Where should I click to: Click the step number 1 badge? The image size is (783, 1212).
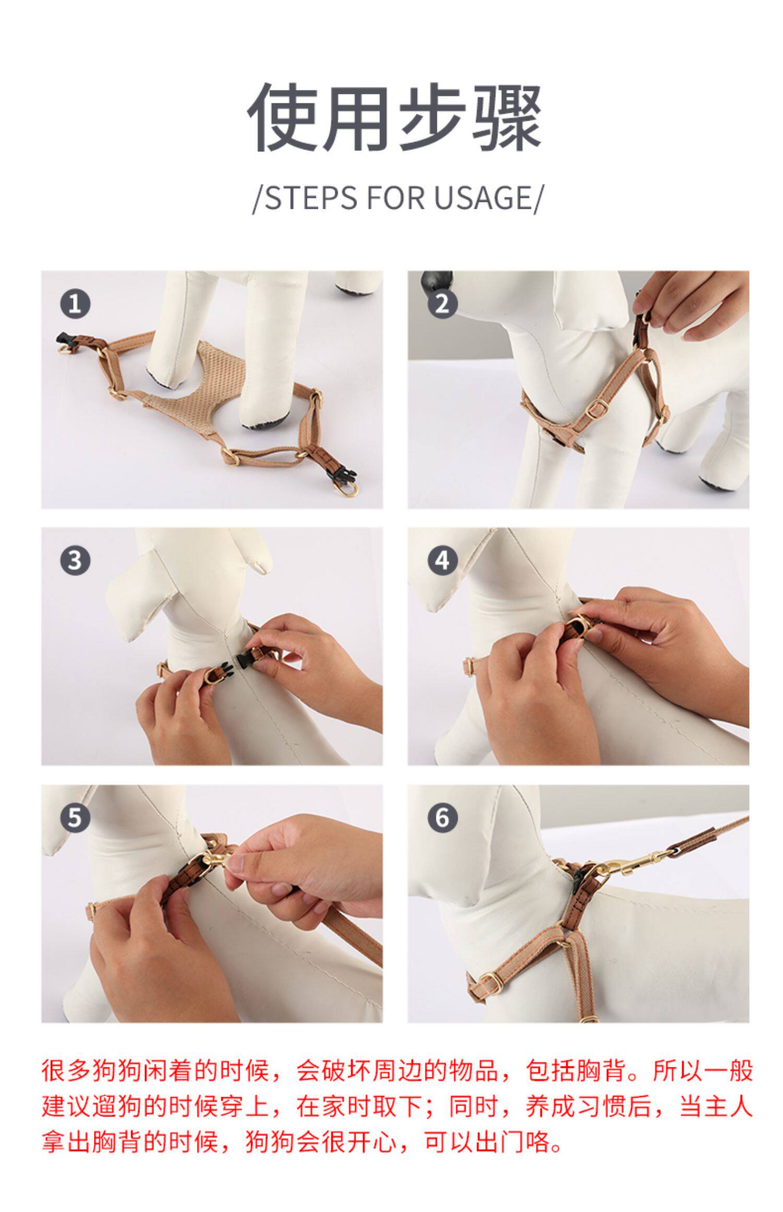tap(75, 304)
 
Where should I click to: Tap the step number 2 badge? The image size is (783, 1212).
tap(442, 304)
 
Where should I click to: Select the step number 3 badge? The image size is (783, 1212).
tap(75, 561)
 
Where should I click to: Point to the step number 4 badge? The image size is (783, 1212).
tap(442, 561)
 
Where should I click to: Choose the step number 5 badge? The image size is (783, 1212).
tap(75, 817)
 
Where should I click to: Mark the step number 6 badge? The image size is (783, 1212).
tap(442, 817)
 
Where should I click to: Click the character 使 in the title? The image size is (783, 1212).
tap(282, 117)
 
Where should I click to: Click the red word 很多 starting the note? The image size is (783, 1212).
tap(66, 1070)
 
